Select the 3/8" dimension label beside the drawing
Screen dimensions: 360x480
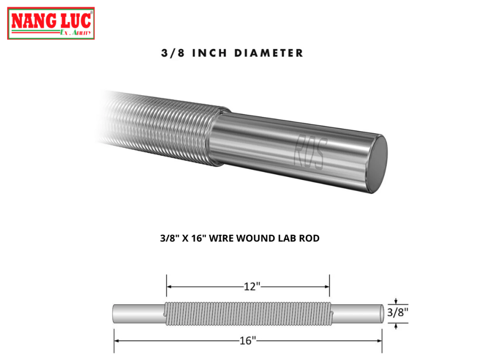point(397,313)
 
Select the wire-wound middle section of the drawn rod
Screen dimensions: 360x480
point(248,314)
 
